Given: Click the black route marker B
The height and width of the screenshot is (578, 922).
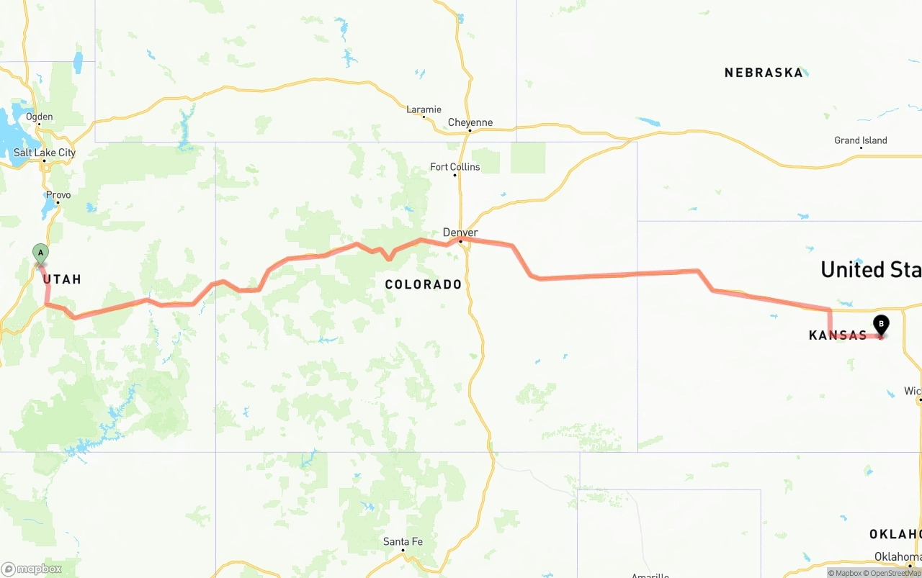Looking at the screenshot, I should tap(880, 325).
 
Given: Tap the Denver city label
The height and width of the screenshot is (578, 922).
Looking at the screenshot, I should tap(460, 232).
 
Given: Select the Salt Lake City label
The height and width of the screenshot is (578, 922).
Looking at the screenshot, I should tap(45, 153).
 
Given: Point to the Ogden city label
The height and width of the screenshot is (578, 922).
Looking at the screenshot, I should tap(40, 117).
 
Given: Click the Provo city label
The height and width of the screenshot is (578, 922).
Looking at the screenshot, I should tap(58, 195).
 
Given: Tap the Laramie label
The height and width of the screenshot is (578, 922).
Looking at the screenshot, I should tap(424, 109).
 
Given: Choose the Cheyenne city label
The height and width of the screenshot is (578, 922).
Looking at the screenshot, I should tap(470, 122).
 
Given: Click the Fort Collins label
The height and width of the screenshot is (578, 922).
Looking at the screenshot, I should tap(455, 167).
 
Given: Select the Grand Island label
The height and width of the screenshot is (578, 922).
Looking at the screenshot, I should tap(861, 140).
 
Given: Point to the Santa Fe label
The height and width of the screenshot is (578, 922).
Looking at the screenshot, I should tap(403, 542).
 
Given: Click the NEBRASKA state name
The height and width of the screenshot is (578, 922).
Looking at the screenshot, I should tap(764, 73).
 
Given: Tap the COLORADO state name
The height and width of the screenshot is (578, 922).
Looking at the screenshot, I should tap(424, 284).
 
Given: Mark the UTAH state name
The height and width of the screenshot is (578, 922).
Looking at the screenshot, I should tap(62, 279).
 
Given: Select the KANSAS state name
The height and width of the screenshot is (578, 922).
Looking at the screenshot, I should tap(838, 335).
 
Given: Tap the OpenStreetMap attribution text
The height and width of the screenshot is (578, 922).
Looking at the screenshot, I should tap(895, 573).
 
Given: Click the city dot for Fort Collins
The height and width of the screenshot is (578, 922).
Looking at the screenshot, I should tap(455, 176).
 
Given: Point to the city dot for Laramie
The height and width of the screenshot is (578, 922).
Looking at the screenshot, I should tap(424, 117).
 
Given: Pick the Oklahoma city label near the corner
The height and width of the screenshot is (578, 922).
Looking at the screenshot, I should tap(898, 556).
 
